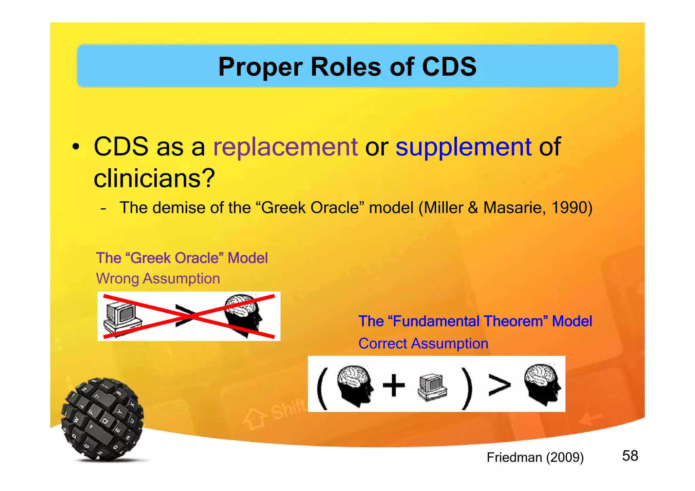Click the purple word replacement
click(x=285, y=147)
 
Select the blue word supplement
click(x=463, y=147)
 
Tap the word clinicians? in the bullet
click(x=154, y=178)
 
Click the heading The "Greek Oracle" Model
click(x=182, y=258)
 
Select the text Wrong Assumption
click(x=158, y=278)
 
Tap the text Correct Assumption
click(x=423, y=343)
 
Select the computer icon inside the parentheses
click(x=432, y=387)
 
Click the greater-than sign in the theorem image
click(x=499, y=385)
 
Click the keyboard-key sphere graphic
click(x=102, y=419)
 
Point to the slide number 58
click(x=630, y=456)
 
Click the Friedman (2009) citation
click(x=535, y=457)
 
